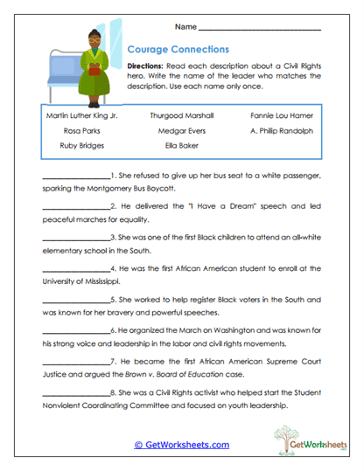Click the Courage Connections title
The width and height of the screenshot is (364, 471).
tap(178, 50)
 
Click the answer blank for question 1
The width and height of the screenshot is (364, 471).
tap(74, 177)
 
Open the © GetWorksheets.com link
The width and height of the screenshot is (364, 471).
tap(181, 445)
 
